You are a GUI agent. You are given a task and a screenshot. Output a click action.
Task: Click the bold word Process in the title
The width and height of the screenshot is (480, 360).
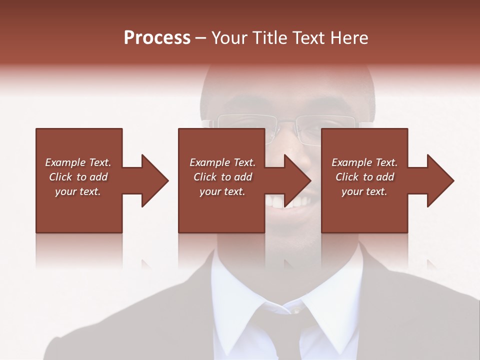tap(157, 38)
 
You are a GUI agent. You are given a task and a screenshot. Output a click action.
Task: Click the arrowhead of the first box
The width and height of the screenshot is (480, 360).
tap(155, 180)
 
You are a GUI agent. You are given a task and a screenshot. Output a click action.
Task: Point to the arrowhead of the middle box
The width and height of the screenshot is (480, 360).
tap(297, 180)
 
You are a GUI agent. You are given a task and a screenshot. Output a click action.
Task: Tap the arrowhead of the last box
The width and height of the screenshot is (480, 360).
tap(440, 180)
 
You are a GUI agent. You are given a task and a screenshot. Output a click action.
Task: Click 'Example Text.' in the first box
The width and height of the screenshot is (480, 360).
tap(78, 162)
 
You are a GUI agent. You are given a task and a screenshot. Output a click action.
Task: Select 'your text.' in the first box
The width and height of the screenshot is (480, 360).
tap(78, 191)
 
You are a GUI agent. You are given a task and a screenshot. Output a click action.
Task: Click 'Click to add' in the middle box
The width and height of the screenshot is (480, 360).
tap(222, 177)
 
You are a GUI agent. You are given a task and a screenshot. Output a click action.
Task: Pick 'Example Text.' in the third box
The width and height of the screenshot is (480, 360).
tap(364, 162)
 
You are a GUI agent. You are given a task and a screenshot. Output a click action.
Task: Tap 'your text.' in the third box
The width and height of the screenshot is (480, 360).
tap(364, 191)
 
